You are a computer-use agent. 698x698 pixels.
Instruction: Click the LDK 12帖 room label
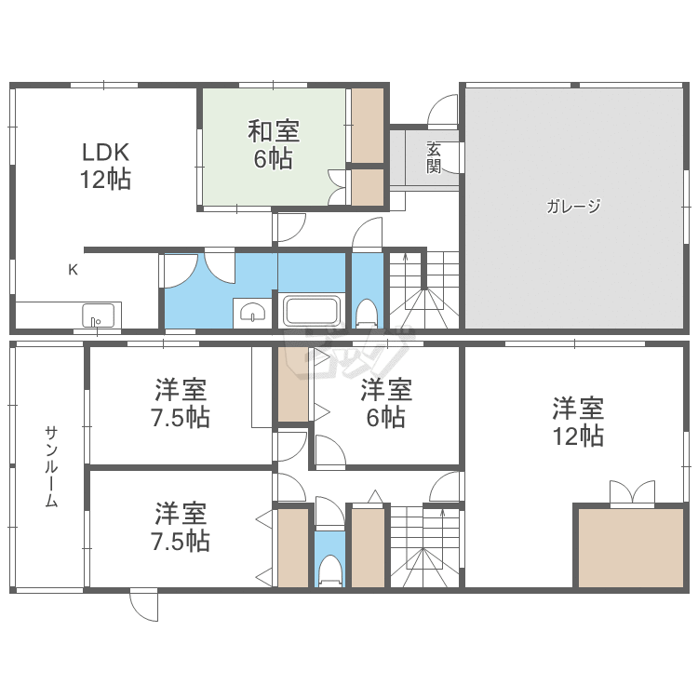(105, 166)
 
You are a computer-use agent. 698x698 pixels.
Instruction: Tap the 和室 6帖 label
(274, 144)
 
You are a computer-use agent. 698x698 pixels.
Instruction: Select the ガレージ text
(573, 206)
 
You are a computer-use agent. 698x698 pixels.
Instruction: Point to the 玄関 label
(434, 157)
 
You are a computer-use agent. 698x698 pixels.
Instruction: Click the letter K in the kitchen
(73, 269)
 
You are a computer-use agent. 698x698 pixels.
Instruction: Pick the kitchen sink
(98, 315)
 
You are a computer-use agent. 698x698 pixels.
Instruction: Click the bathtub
(312, 310)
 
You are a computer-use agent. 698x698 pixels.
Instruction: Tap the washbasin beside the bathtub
(252, 312)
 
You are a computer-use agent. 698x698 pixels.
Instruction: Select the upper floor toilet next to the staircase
(367, 314)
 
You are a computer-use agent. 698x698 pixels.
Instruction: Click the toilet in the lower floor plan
(329, 570)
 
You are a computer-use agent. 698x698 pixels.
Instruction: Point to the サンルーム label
(51, 467)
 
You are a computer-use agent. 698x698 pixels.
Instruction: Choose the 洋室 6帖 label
(386, 403)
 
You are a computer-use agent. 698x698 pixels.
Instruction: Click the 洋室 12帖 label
(578, 422)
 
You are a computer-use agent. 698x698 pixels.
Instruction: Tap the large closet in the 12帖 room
(631, 548)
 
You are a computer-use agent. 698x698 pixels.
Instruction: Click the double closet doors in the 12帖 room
(632, 493)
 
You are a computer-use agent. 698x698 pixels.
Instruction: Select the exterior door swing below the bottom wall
(143, 605)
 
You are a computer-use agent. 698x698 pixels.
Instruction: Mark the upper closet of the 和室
(368, 126)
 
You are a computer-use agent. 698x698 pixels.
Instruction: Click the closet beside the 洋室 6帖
(293, 383)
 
